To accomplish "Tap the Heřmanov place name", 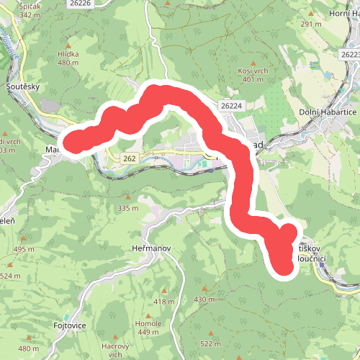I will pos(152,248).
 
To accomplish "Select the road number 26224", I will pos(231,106).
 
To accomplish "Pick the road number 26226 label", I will pos(81,4).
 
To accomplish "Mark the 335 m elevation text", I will pos(127,208).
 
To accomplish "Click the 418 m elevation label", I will pos(164,301).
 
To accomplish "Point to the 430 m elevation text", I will pos(204,299).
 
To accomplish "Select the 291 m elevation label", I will pos(311,24).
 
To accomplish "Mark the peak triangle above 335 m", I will pos(127,198).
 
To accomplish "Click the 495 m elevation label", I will pos(24,249).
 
